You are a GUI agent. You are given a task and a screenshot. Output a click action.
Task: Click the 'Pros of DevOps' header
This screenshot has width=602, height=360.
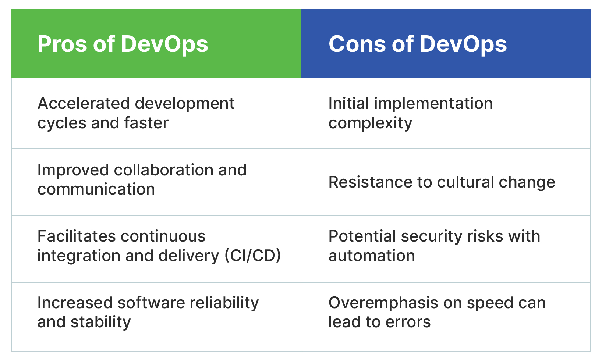pos(123,44)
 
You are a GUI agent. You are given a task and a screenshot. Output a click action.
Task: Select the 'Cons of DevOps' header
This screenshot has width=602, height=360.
pos(418,44)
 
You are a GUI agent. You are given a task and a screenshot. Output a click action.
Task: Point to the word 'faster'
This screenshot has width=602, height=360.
pos(146,123)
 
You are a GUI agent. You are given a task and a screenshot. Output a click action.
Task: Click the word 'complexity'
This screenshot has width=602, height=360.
pos(370,124)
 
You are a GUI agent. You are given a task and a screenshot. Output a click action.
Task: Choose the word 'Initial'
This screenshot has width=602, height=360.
pos(349,103)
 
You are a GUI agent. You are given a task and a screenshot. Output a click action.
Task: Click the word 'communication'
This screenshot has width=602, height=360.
pos(96,189)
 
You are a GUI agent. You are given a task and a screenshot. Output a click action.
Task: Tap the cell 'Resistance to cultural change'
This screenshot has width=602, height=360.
pos(442,182)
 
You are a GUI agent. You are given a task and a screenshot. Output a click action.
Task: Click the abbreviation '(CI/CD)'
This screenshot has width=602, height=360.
pos(253,256)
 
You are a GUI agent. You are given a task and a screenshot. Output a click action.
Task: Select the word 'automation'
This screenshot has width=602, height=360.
pos(372,256)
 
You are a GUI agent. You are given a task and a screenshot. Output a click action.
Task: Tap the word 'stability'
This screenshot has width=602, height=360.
pos(100,322)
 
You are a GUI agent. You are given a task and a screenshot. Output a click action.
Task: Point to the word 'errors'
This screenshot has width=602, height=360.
pos(408,322)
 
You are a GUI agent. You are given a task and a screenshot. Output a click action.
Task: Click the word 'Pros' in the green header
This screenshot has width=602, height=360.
pos(62,44)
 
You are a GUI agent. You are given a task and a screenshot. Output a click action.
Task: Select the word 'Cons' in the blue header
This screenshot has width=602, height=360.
pos(357,44)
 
